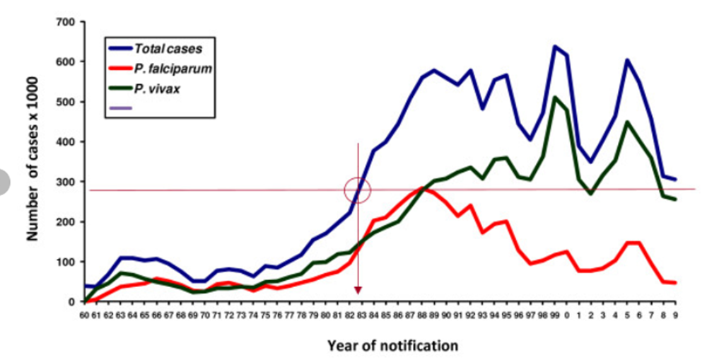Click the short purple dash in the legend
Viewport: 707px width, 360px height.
click(122, 108)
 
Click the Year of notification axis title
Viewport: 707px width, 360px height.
click(392, 346)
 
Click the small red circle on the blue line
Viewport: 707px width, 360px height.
click(358, 190)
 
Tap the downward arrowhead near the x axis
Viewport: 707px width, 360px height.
click(358, 290)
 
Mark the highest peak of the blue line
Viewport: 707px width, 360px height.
click(554, 47)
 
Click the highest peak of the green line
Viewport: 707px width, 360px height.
click(554, 97)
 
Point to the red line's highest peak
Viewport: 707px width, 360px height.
click(421, 188)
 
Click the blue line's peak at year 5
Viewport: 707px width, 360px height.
click(626, 60)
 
